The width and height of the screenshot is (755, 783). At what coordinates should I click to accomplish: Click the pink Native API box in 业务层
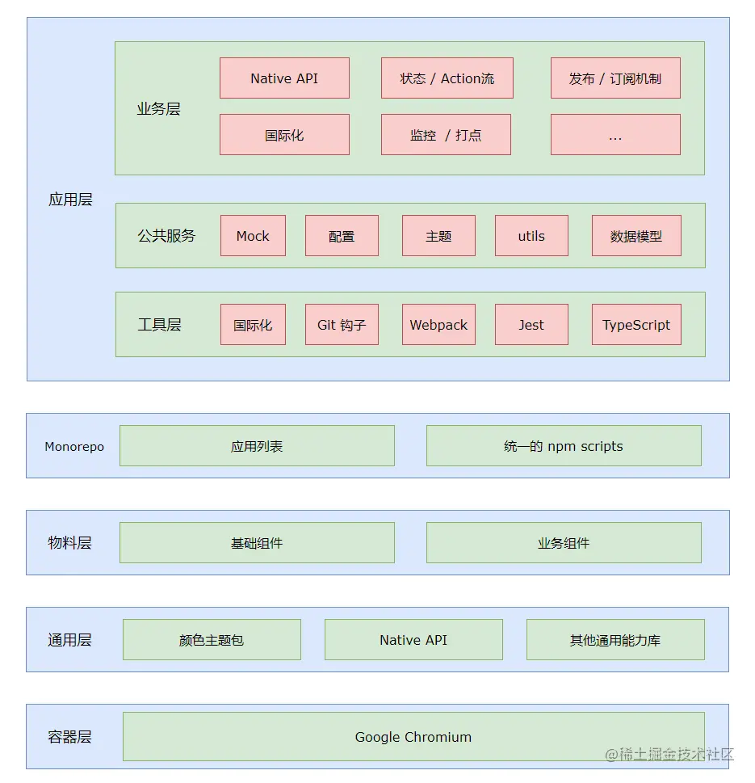284,78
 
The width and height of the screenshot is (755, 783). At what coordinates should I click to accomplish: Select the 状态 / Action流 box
447,78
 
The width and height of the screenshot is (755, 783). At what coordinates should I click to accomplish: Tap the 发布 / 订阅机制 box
615,78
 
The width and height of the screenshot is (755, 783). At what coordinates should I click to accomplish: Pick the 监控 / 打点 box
446,134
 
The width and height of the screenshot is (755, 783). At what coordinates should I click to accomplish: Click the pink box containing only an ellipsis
615,134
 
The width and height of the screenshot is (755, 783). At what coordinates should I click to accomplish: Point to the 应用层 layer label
70,200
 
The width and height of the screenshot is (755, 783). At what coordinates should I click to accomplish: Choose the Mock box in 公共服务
253,236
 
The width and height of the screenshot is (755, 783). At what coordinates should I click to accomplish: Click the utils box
531,236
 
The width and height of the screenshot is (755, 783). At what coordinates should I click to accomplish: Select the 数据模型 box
636,236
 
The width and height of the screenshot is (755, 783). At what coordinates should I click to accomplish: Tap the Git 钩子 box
342,325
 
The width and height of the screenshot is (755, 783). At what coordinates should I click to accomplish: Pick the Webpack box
438,325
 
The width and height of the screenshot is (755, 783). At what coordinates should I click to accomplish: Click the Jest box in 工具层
531,325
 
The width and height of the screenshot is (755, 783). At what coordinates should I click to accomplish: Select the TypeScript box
636,325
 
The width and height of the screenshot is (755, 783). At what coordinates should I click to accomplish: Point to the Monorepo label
74,446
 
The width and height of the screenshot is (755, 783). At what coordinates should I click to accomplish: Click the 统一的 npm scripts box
564,446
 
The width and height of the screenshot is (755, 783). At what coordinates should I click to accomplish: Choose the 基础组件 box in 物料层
257,543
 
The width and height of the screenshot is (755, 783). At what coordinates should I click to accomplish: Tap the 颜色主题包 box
212,640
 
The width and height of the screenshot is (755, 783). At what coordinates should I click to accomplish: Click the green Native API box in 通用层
413,640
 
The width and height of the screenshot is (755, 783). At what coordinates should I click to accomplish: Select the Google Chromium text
413,737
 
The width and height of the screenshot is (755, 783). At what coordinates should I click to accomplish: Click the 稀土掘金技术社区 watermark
669,754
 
